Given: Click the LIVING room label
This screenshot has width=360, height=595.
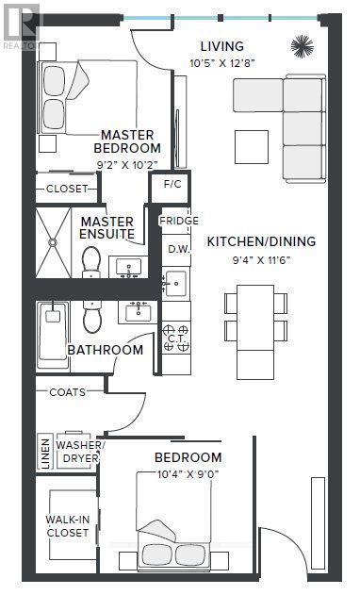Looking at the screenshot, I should (221, 46).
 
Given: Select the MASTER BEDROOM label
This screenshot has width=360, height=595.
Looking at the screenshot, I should (129, 141).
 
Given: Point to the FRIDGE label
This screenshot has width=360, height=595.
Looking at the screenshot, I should (178, 222).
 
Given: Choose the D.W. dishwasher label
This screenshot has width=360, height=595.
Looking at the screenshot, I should (178, 249).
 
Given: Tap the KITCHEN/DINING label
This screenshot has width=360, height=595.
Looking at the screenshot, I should (261, 241).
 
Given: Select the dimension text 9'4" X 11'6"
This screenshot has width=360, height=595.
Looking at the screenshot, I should (261, 259).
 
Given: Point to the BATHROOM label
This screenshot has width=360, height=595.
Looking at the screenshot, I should (105, 350).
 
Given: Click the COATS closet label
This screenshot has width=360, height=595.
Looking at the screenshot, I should (68, 392).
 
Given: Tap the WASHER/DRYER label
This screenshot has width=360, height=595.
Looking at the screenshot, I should (81, 451).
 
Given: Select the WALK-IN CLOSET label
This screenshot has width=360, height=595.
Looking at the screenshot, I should (67, 525).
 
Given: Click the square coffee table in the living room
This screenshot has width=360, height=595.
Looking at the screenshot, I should (252, 145).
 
